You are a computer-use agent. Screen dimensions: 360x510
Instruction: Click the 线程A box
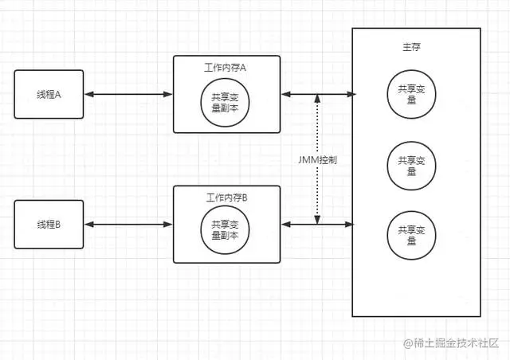tap(49, 94)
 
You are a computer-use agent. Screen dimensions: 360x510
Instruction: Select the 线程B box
tap(49, 224)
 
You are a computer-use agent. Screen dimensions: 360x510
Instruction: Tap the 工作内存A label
tap(226, 68)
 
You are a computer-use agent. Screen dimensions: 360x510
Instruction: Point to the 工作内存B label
tap(226, 197)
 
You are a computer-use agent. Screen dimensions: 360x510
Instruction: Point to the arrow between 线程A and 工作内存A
tap(127, 95)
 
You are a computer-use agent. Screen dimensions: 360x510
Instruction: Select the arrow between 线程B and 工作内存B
tap(127, 225)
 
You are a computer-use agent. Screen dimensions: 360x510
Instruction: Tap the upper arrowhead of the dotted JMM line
tap(317, 100)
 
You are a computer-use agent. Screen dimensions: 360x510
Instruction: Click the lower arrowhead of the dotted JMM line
tap(317, 220)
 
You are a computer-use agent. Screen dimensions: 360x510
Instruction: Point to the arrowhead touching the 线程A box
tap(88, 95)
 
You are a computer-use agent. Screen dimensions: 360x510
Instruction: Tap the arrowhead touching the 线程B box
tap(88, 225)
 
